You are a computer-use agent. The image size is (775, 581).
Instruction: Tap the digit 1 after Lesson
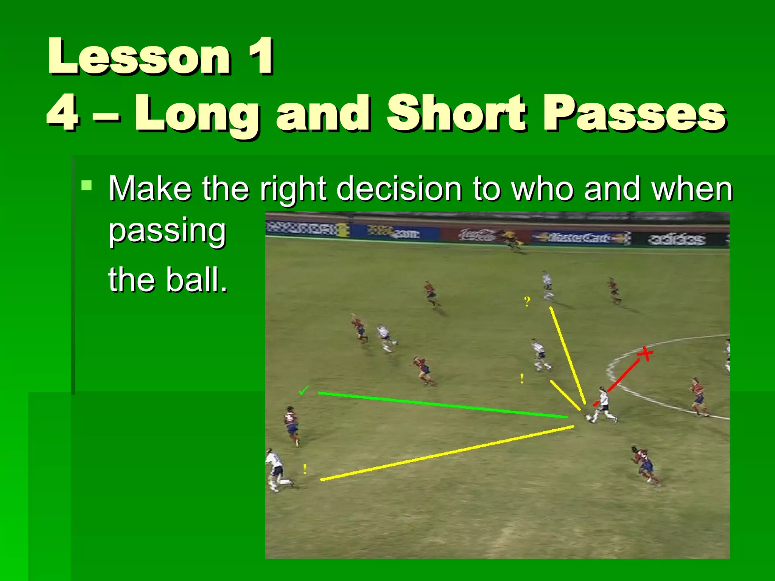tap(261, 57)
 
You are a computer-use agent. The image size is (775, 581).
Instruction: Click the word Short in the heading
tap(456, 113)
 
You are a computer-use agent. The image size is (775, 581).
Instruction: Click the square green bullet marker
tap(87, 185)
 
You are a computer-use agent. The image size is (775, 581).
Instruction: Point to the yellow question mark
tap(527, 302)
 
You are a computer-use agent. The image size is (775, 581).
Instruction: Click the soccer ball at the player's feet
tap(588, 418)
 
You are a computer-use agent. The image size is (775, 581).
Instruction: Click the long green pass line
tap(443, 405)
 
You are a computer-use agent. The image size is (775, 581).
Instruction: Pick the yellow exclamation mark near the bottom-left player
tap(305, 469)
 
